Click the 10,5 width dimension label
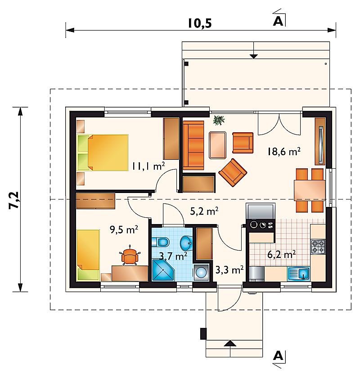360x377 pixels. pos(199,23)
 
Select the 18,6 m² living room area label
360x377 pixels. pos(284,152)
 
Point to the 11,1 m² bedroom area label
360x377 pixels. pos(148,166)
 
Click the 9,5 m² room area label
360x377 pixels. pos(124,229)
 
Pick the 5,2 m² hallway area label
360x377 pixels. pos(204,211)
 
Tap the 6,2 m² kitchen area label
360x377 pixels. pos(281,254)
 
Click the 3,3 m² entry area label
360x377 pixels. pos(229,270)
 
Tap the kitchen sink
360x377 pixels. pos(299,274)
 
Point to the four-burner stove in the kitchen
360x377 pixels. pos(318,247)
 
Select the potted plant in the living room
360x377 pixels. pos(219,120)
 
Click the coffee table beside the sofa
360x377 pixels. pos(217,145)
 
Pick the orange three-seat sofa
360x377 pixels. pos(193,145)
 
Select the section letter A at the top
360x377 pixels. pos(278,21)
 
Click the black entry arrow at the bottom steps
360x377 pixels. pos(230,343)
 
